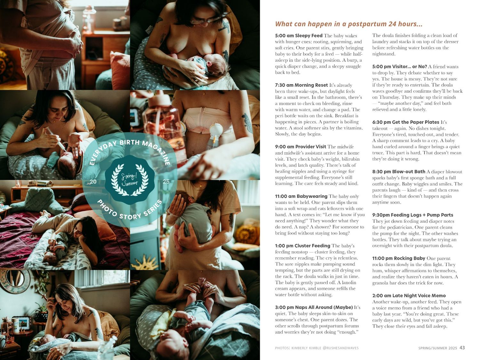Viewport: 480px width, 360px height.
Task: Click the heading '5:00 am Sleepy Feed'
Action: [x=299, y=36]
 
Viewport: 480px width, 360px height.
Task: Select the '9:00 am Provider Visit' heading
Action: [x=300, y=147]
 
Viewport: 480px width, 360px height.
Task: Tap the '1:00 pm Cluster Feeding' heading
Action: [x=302, y=246]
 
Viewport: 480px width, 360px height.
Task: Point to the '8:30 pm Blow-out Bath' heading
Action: [x=399, y=172]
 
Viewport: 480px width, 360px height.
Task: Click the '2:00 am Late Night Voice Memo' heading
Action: [x=409, y=296]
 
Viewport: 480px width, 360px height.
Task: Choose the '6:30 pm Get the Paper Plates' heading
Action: [x=406, y=122]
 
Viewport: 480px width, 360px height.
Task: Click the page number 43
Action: [x=462, y=348]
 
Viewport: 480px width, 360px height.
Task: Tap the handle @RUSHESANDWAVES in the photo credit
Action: [x=341, y=348]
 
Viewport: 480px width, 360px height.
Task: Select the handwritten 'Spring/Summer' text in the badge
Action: [x=130, y=180]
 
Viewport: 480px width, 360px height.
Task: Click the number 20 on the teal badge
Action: [x=93, y=182]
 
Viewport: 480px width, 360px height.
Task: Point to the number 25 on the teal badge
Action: [x=166, y=182]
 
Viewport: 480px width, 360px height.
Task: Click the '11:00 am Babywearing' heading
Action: [x=301, y=196]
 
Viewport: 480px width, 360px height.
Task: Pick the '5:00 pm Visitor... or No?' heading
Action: [x=400, y=67]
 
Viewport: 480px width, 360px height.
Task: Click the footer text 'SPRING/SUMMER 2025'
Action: [x=437, y=348]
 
